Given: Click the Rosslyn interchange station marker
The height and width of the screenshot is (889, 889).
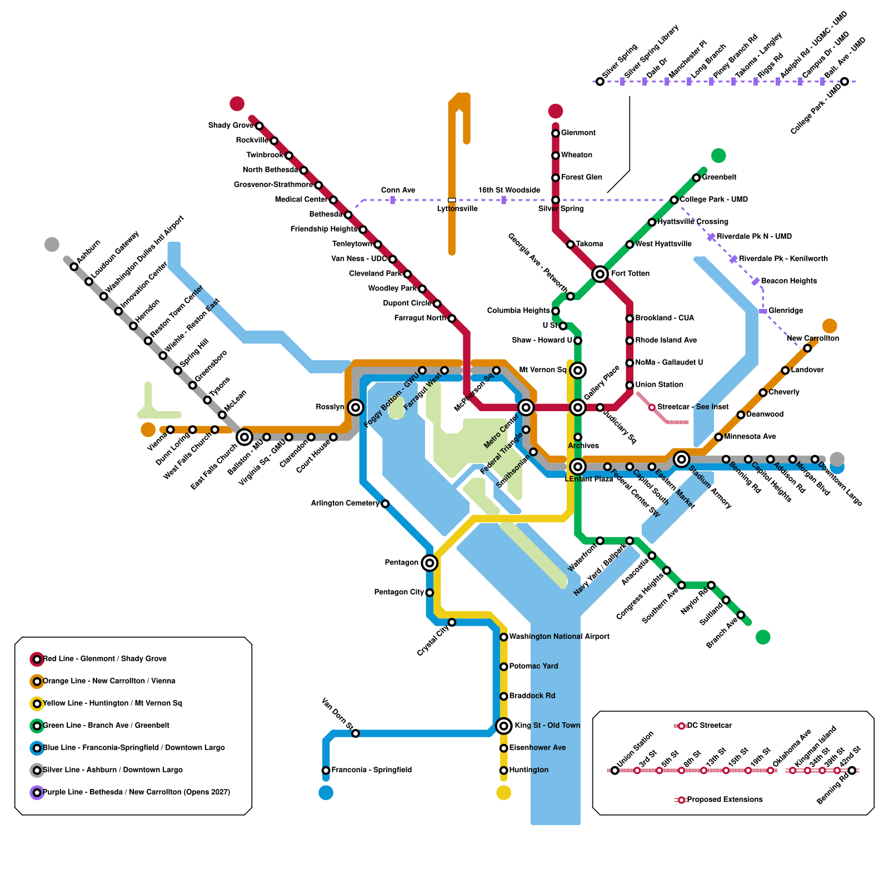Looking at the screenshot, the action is [x=356, y=407].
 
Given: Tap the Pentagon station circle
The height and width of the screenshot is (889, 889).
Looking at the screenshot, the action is [x=429, y=563].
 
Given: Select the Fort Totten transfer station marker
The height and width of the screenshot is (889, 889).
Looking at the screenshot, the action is [x=600, y=273].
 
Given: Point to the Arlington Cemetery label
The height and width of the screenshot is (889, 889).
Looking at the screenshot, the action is [x=344, y=503].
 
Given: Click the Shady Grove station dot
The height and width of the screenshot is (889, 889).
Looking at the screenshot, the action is [x=259, y=126].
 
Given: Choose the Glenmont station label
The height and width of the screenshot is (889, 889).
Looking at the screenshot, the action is [x=578, y=133].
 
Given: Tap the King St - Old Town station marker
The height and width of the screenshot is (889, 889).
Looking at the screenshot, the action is [x=503, y=725].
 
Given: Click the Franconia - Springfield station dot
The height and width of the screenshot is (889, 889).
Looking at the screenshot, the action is [x=326, y=770].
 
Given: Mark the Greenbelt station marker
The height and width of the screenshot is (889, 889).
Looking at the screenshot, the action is [x=696, y=178].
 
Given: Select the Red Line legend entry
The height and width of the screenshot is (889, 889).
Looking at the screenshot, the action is [x=104, y=659].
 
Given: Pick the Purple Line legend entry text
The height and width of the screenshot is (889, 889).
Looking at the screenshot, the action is [x=136, y=792].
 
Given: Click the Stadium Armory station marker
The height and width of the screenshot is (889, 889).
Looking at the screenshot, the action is [x=681, y=459].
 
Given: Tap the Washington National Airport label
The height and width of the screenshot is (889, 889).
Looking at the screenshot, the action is [x=559, y=637].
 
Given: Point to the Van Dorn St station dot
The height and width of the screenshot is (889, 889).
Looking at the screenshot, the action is [x=356, y=733].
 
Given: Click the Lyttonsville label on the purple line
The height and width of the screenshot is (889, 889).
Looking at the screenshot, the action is [x=457, y=209].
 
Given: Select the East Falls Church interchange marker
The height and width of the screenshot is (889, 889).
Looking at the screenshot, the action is [x=244, y=437].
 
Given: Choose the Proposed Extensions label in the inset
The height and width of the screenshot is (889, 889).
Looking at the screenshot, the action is [x=725, y=800].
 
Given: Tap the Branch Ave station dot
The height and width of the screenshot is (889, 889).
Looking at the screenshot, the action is [x=740, y=615].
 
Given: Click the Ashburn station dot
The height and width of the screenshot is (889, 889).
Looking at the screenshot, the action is [x=74, y=267].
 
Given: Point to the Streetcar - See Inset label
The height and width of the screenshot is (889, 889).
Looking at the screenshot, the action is [x=693, y=407].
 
